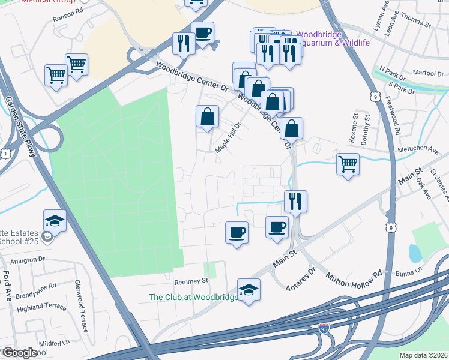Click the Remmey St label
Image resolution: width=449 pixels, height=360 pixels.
click(x=190, y=280)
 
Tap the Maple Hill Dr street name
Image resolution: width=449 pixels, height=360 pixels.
click(x=229, y=137)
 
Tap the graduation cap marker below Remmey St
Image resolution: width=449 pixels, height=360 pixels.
click(x=249, y=289)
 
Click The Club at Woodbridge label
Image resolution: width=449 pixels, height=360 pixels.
click(x=191, y=297)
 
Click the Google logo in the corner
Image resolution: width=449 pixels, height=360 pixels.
click(x=19, y=353)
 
